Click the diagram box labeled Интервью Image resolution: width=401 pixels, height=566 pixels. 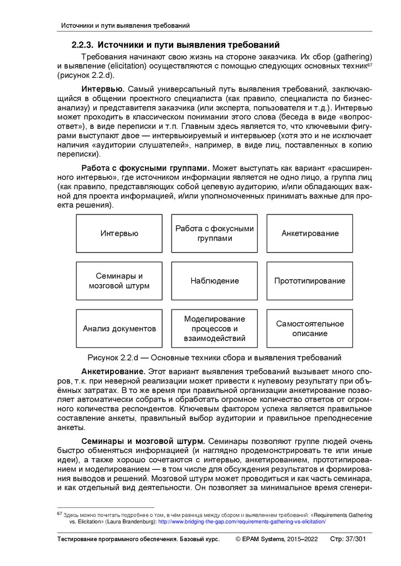[119, 233]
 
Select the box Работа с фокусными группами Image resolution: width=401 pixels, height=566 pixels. [214, 233]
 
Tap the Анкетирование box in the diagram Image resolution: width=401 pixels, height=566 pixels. [310, 233]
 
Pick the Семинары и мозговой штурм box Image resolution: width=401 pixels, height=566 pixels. [119, 281]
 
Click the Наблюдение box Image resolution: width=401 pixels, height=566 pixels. [214, 281]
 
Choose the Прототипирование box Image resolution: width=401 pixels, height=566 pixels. [310, 281]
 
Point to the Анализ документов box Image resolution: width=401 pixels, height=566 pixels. [119, 328]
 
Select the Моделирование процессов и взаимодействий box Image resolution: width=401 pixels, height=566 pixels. [214, 328]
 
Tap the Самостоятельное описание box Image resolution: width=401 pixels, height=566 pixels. [310, 328]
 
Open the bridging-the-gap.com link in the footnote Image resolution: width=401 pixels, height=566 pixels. [242, 522]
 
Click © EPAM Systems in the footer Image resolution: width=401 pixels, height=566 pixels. [259, 539]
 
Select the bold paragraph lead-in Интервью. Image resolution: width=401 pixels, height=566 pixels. [102, 89]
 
